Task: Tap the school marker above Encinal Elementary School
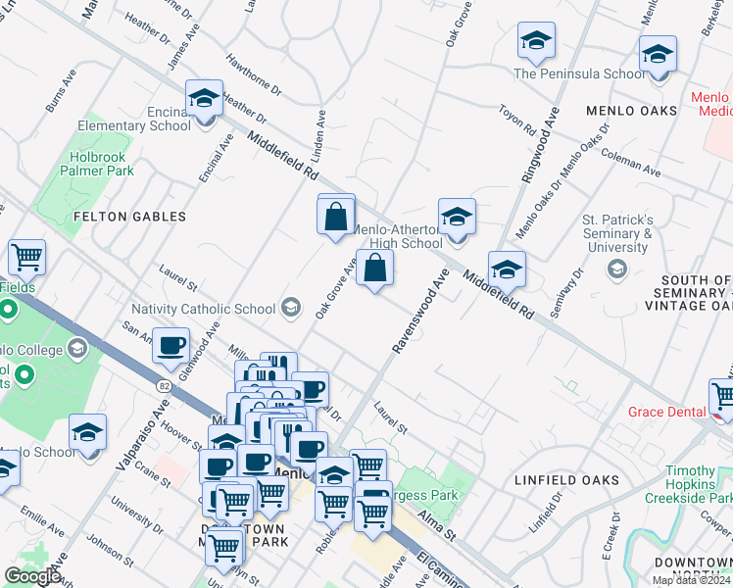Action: pyautogui.click(x=205, y=101)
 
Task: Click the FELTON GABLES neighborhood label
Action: pyautogui.click(x=131, y=216)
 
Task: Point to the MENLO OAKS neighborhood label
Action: pyautogui.click(x=631, y=111)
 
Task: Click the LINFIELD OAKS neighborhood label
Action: pyautogui.click(x=566, y=480)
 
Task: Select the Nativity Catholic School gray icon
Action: pyautogui.click(x=290, y=308)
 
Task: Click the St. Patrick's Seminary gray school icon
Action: pyautogui.click(x=616, y=269)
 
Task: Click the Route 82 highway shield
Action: pyautogui.click(x=164, y=387)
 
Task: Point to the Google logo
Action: pyautogui.click(x=32, y=576)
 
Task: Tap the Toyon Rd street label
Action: pyautogui.click(x=516, y=121)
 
